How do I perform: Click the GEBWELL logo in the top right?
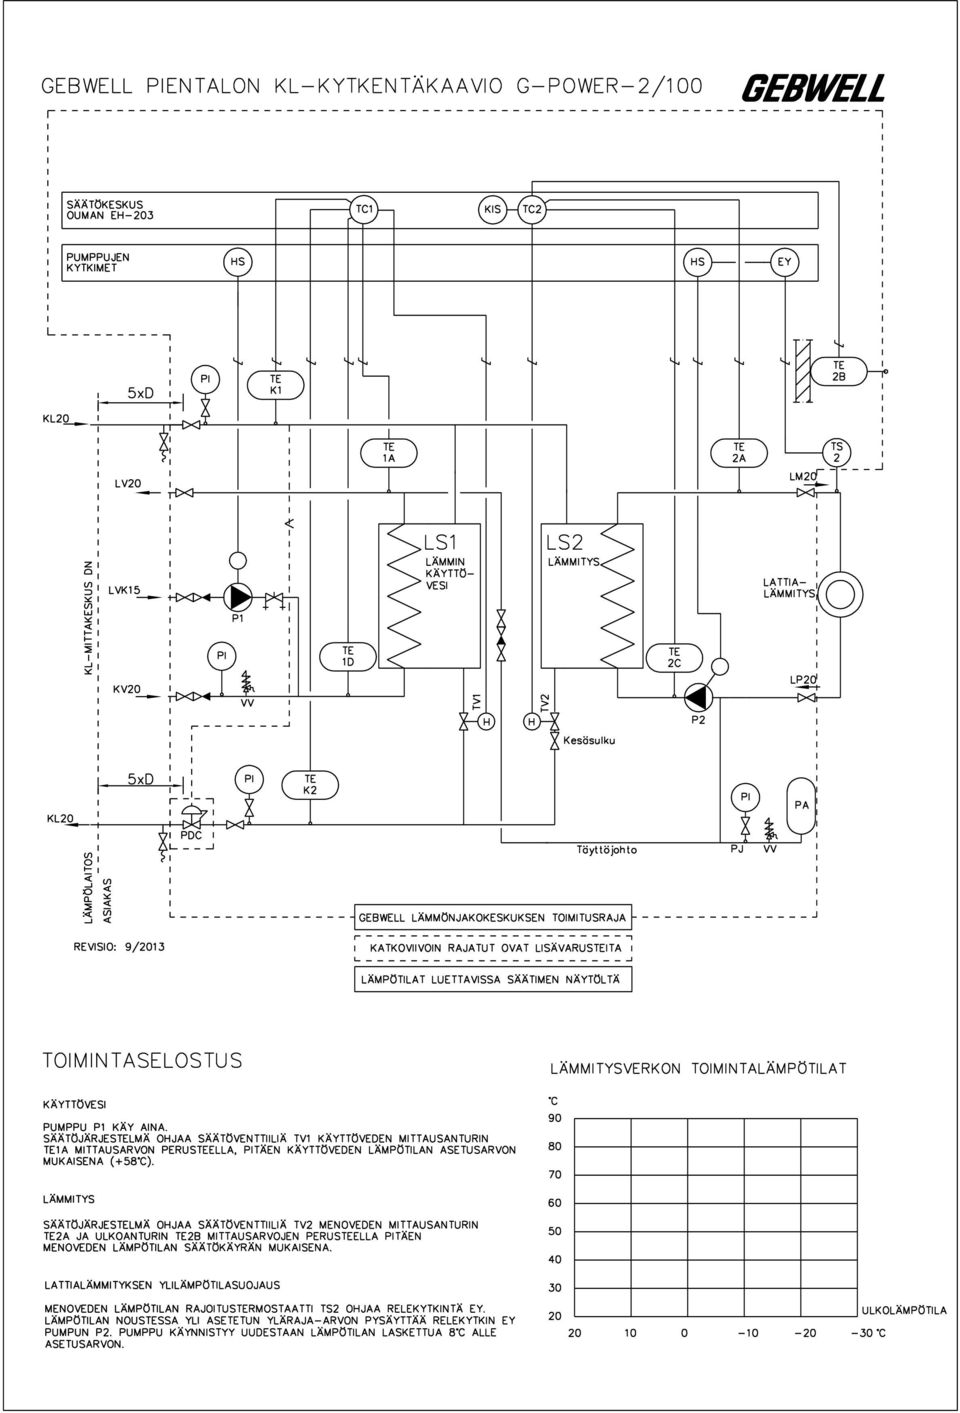pyautogui.click(x=813, y=88)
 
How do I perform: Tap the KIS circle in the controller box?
pyautogui.click(x=492, y=209)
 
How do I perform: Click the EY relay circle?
pyautogui.click(x=784, y=262)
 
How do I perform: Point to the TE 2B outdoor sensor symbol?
pyautogui.click(x=838, y=372)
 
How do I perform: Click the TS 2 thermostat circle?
pyautogui.click(x=837, y=452)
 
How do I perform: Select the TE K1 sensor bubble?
pyautogui.click(x=276, y=385)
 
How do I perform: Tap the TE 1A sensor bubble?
pyautogui.click(x=389, y=453)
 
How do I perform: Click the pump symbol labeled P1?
pyautogui.click(x=238, y=596)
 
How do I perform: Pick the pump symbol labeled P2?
pyautogui.click(x=698, y=697)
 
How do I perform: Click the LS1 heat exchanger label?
pyautogui.click(x=441, y=542)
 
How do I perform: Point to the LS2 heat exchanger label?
pyautogui.click(x=565, y=542)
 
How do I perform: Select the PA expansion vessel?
pyautogui.click(x=801, y=806)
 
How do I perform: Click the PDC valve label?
pyautogui.click(x=191, y=836)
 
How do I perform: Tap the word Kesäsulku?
pyautogui.click(x=589, y=740)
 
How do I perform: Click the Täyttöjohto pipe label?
pyautogui.click(x=607, y=850)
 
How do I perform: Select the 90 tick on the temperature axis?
pyautogui.click(x=555, y=1118)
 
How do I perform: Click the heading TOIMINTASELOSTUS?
pyautogui.click(x=143, y=1060)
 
